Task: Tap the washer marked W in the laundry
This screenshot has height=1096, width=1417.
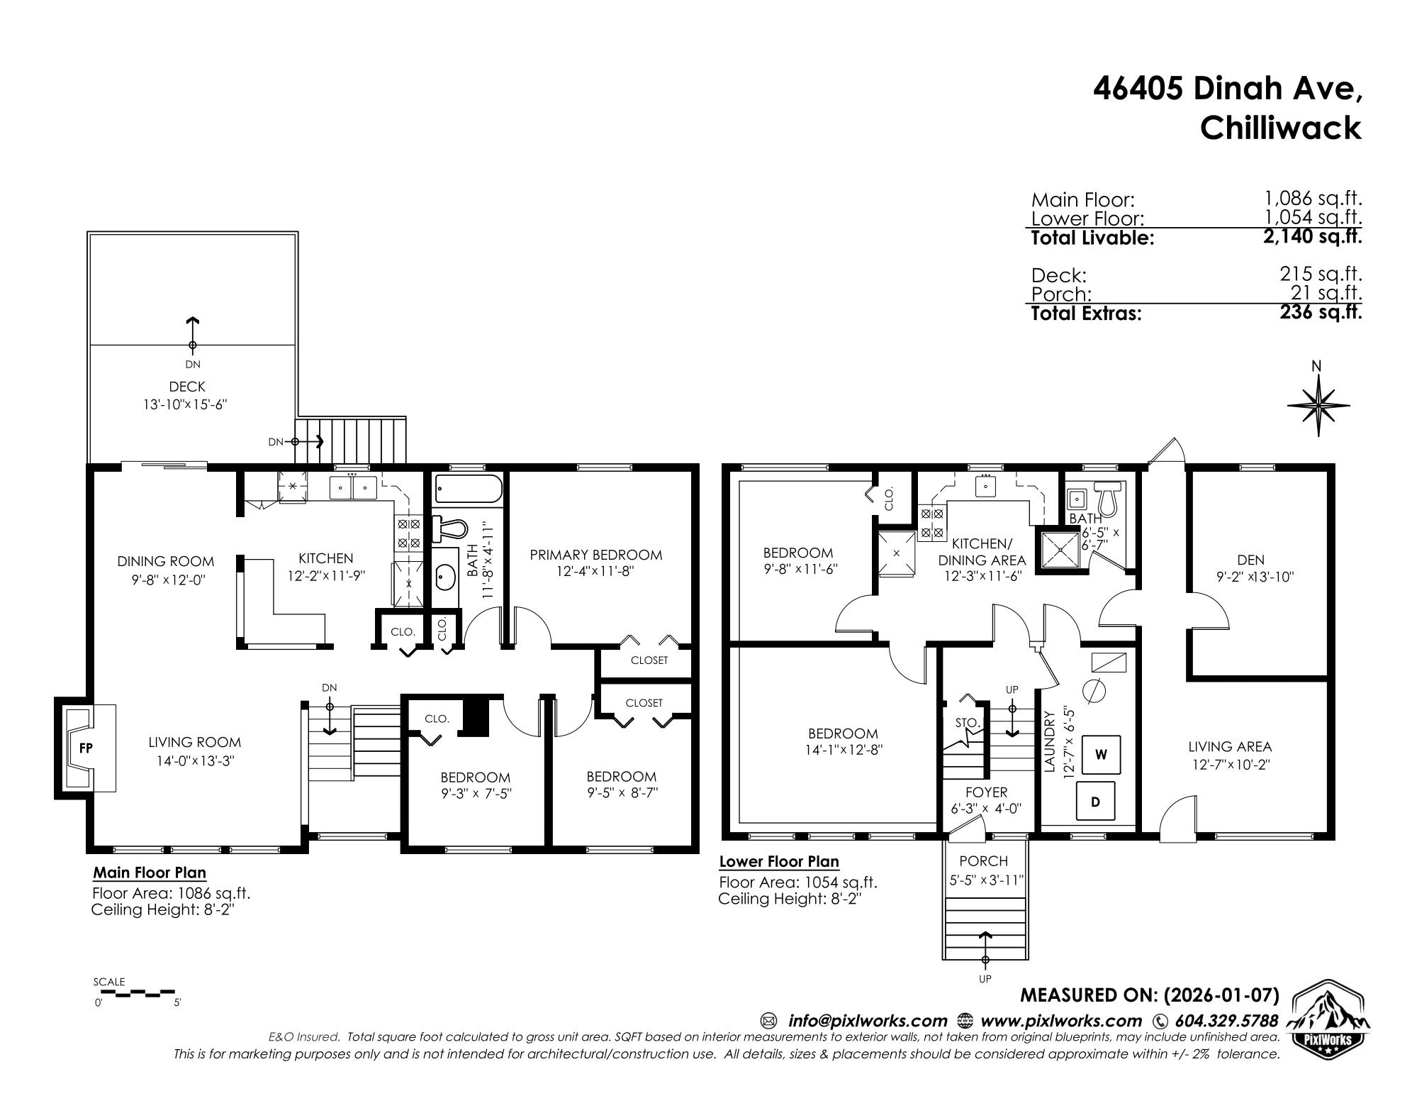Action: pos(1101,754)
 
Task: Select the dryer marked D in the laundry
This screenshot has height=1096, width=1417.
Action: pos(1095,802)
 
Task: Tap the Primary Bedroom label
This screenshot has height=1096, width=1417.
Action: pos(596,555)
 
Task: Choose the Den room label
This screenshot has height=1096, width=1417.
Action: pos(1251,560)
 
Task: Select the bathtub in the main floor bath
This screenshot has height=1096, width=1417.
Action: pos(469,489)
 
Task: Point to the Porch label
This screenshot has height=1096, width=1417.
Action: pos(983,861)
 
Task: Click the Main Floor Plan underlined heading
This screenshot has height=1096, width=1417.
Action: pos(150,873)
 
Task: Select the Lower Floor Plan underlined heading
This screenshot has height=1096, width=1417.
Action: pos(779,861)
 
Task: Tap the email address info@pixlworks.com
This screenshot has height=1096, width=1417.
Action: pos(868,1021)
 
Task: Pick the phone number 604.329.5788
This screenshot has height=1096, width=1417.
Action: pos(1226,1021)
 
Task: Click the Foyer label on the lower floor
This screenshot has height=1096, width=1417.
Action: pos(986,792)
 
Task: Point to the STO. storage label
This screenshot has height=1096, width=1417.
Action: pos(968,723)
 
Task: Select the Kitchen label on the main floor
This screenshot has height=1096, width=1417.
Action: pos(325,558)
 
